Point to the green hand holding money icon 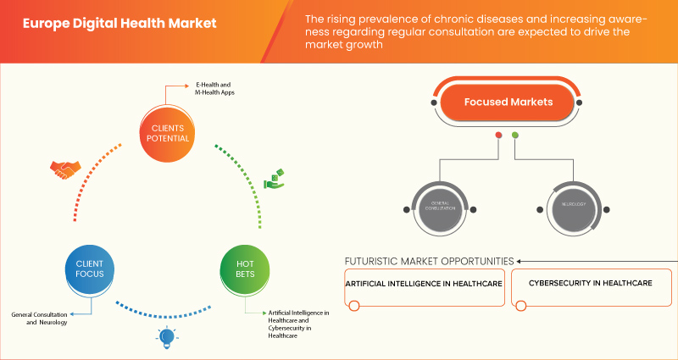[x=275, y=179]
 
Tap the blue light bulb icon [x=167, y=338]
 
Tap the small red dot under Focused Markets [x=498, y=136]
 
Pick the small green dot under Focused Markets [x=515, y=136]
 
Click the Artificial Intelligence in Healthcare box [x=424, y=284]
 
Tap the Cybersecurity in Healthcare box [x=590, y=284]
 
